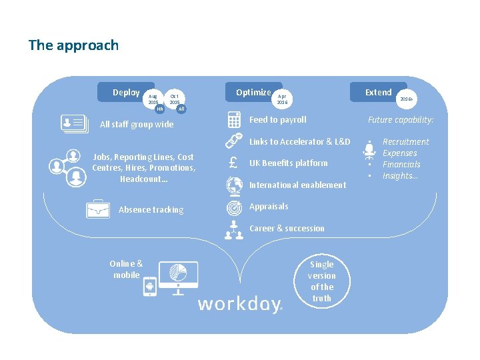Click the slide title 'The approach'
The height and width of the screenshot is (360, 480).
[73, 45]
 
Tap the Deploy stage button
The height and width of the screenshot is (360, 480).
[125, 93]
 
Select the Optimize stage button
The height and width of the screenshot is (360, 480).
[253, 93]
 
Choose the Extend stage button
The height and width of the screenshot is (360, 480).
[378, 92]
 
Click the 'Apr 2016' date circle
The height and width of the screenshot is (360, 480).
[283, 99]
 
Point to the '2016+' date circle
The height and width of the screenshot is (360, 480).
[405, 98]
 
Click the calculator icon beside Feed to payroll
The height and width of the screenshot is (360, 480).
[234, 120]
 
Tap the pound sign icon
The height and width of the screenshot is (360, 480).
[234, 163]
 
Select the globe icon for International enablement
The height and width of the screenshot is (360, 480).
[234, 185]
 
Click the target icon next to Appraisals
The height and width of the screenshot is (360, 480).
[234, 207]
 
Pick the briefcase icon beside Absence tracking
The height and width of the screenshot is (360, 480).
[98, 209]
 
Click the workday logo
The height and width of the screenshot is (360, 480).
[240, 305]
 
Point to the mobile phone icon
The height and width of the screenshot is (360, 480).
[150, 287]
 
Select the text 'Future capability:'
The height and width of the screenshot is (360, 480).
[401, 120]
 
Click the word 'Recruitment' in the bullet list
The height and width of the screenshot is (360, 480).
[405, 142]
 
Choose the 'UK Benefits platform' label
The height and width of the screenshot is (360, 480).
[288, 163]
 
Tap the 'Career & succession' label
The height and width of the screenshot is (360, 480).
[287, 229]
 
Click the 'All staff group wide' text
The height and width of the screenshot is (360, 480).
[136, 125]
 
